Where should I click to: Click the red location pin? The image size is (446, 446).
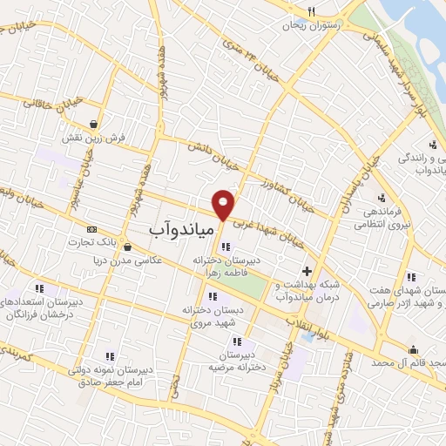click(x=224, y=204)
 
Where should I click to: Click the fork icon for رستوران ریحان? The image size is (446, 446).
click(x=311, y=12)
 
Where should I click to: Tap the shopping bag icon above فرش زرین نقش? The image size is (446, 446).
click(x=93, y=124)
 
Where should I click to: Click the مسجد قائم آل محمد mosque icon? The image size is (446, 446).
click(x=413, y=349)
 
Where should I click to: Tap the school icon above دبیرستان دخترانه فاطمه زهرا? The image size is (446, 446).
click(x=226, y=247)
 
